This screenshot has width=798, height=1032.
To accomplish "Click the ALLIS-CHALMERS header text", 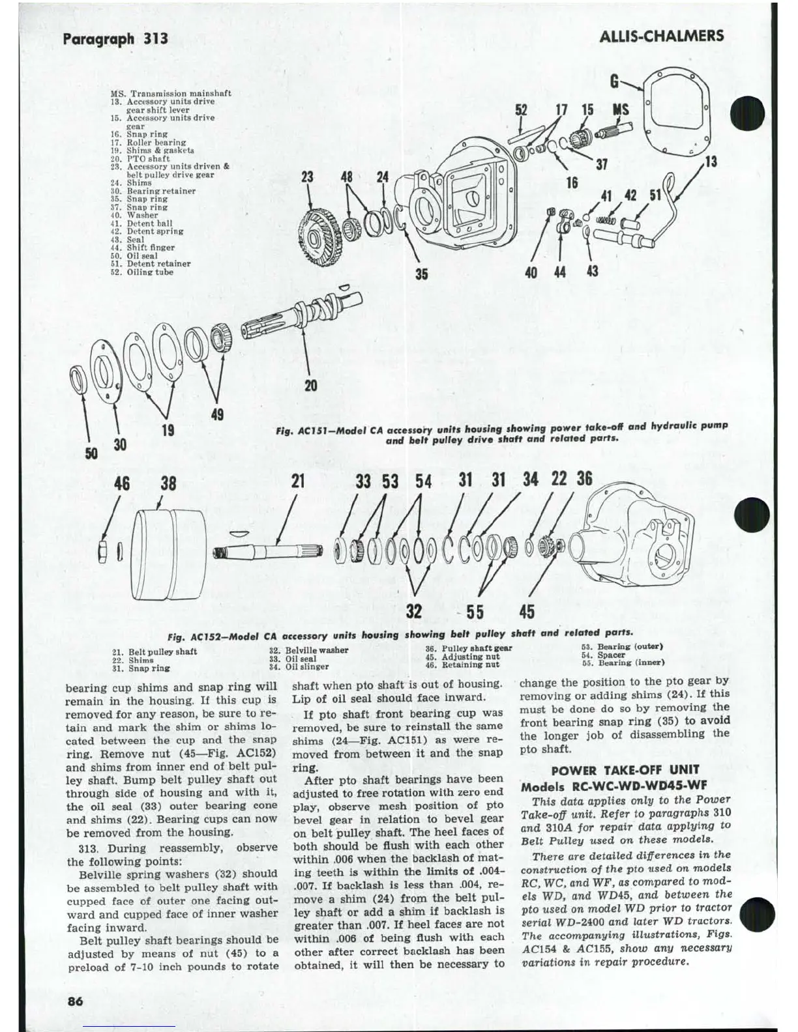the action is pos(661,36).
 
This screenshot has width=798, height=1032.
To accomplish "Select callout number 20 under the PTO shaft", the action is pos(311,386).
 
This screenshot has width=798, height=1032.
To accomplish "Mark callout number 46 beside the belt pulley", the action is pos(121,483).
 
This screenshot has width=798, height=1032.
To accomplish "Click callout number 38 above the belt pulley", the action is pos(168,483).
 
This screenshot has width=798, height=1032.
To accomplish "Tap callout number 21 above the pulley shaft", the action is pos(298,481).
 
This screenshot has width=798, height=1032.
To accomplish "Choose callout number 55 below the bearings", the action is pos(475,612).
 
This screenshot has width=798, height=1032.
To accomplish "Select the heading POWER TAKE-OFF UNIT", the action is pos(625,769).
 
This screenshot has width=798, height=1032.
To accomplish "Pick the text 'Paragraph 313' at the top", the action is pos(115,38).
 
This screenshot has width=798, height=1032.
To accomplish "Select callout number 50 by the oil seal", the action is pos(92,452).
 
